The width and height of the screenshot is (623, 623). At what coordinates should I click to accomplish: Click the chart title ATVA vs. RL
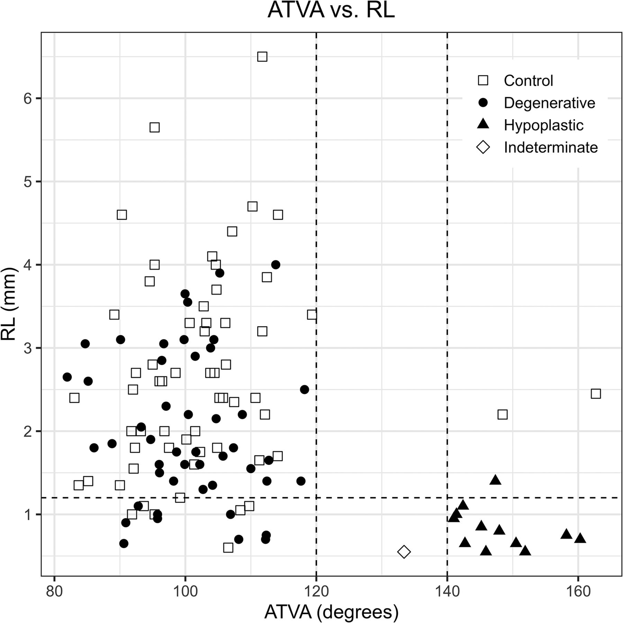(x=331, y=11)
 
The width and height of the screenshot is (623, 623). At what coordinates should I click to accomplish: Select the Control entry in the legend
(x=528, y=81)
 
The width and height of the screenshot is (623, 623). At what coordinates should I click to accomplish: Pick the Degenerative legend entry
(x=549, y=103)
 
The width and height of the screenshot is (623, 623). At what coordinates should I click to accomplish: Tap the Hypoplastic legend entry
(x=543, y=125)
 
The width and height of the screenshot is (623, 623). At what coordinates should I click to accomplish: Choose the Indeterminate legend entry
(x=550, y=148)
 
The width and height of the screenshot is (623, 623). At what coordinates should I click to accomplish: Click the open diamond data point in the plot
(x=404, y=552)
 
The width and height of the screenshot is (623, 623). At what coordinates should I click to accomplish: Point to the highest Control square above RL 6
(x=262, y=57)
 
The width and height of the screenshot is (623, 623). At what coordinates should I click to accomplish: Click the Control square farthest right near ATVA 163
(x=596, y=394)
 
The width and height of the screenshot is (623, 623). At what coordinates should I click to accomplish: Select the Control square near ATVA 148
(x=503, y=415)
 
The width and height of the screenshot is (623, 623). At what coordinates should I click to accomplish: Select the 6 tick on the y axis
(x=28, y=99)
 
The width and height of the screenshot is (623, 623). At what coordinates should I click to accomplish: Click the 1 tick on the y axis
(x=28, y=515)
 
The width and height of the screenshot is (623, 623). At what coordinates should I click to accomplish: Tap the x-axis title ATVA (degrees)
(x=331, y=612)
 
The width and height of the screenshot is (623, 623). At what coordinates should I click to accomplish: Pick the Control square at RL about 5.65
(x=154, y=127)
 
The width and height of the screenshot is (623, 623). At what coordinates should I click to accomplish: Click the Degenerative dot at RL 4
(x=276, y=265)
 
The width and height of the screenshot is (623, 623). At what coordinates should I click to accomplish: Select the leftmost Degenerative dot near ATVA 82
(x=67, y=377)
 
